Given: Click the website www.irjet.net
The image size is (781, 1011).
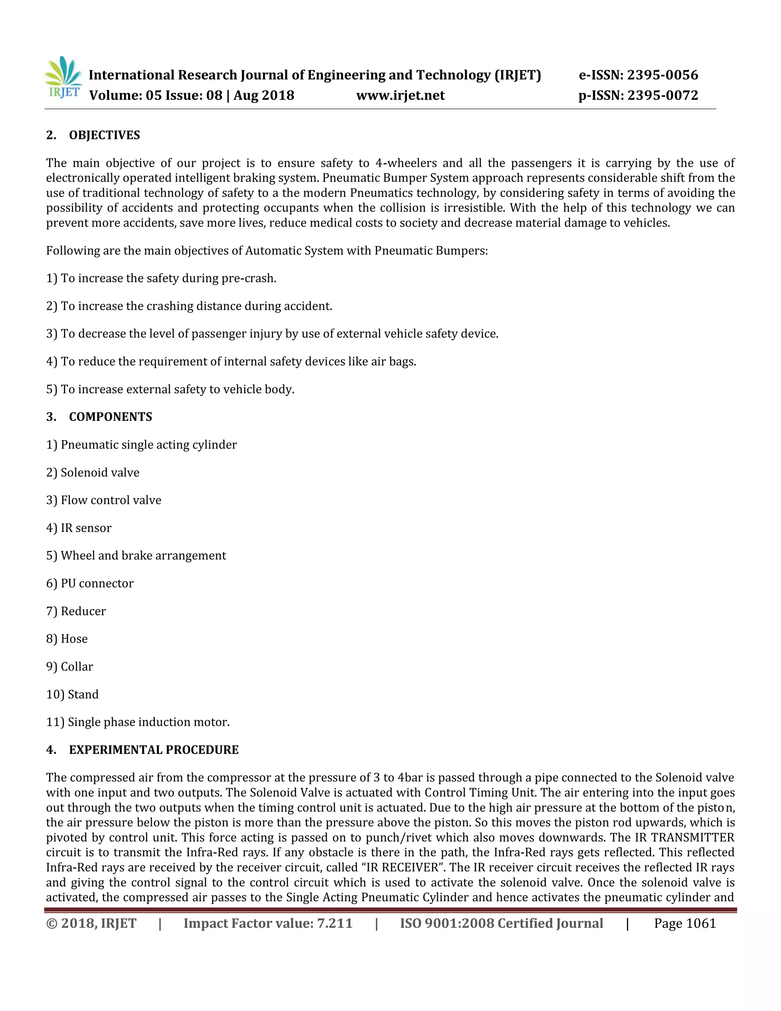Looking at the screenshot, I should coord(400,95).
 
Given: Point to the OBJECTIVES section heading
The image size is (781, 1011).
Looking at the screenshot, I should coord(104,135).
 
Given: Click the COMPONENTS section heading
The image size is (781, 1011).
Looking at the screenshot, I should coord(110,417).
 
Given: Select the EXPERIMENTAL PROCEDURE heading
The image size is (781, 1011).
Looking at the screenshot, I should coord(154,749).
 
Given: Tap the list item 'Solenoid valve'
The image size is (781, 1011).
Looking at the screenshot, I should coord(100,472).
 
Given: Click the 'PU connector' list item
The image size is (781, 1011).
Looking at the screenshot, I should coord(97,583).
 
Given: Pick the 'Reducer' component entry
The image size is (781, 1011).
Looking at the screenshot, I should coord(83,611).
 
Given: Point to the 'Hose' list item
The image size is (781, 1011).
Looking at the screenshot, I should coord(74,639).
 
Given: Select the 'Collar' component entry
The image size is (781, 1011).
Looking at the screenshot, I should coord(77,666).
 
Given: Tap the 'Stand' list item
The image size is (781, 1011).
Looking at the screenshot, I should coord(83,694).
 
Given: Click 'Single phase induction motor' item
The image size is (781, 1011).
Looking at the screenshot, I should coord(148,722).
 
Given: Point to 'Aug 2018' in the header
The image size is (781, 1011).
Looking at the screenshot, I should coord(264,95).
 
